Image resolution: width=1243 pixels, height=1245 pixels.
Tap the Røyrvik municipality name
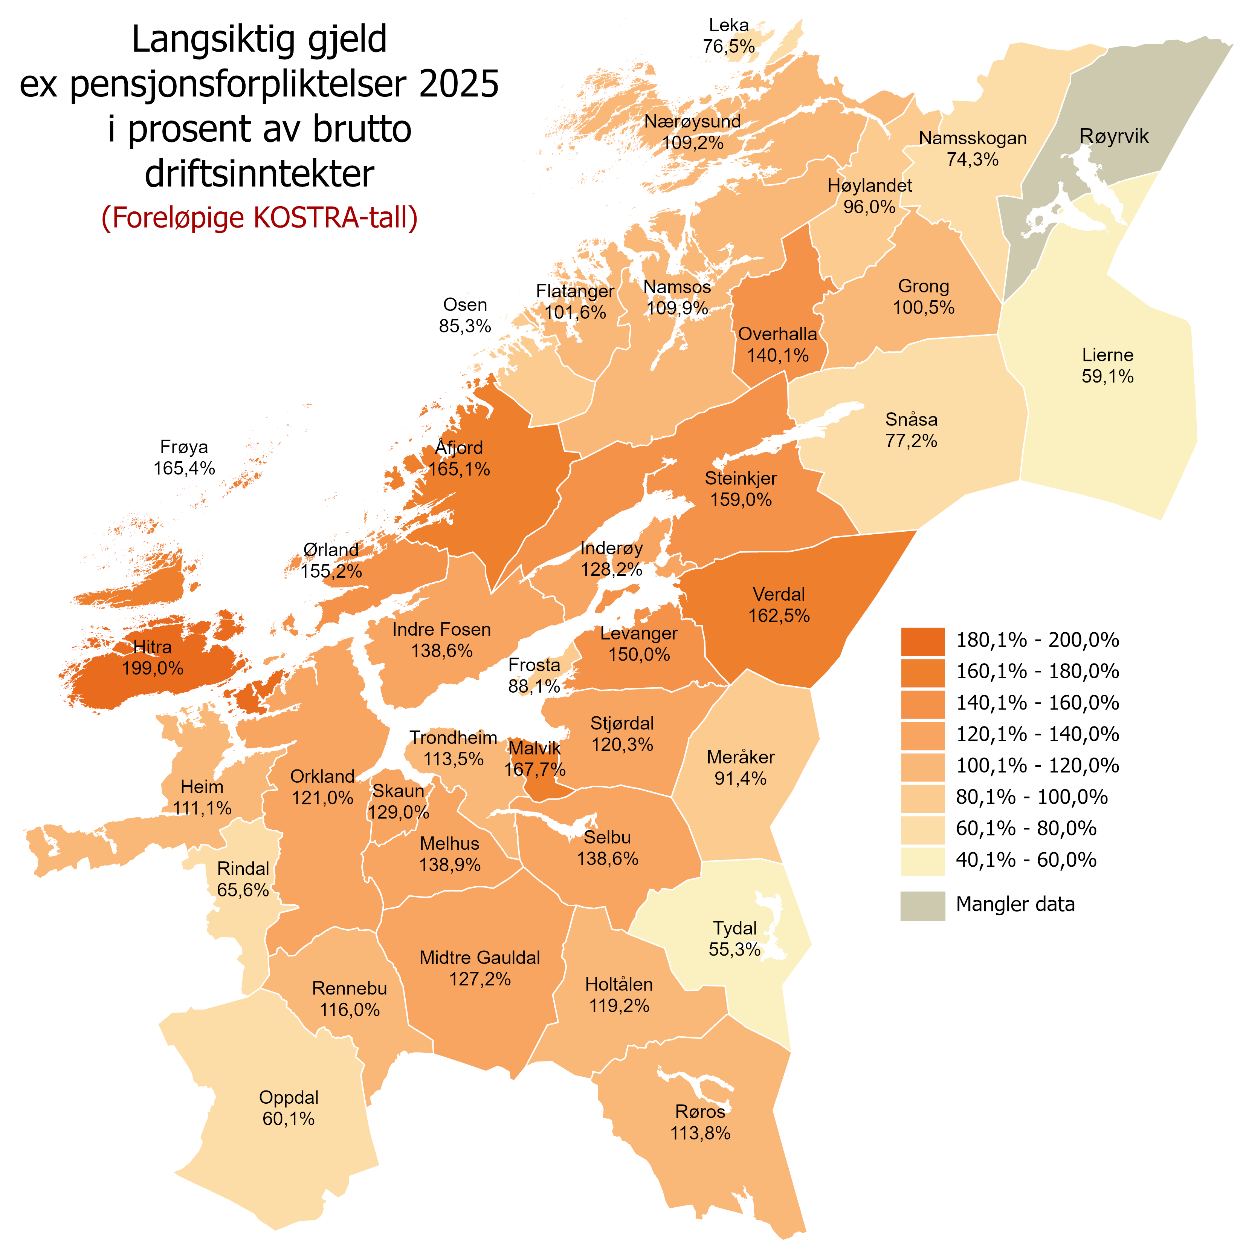click(1113, 136)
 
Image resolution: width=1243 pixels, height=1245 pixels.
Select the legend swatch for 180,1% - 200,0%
click(922, 641)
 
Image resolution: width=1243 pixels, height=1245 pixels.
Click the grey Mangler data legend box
click(922, 905)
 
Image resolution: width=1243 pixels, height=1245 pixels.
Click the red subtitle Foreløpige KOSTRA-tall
click(260, 218)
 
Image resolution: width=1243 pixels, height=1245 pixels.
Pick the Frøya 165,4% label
click(184, 457)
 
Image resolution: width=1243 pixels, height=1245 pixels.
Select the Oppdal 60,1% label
click(289, 1108)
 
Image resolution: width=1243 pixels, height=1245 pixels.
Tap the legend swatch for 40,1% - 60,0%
click(922, 861)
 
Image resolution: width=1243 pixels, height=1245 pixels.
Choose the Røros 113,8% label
click(700, 1123)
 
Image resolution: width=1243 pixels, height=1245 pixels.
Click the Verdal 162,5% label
click(779, 604)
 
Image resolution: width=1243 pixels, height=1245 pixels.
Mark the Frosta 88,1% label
click(534, 675)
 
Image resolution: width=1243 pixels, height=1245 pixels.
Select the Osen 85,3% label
click(465, 315)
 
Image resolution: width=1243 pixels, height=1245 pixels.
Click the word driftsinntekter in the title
click(260, 174)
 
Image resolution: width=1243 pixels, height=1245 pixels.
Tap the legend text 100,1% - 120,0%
click(1037, 766)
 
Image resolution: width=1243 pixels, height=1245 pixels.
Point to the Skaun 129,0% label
click(399, 801)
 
